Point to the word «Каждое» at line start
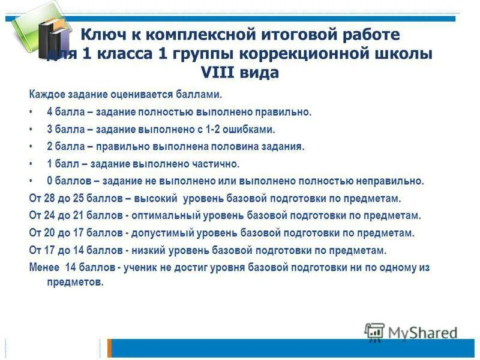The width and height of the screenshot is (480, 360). [46, 94]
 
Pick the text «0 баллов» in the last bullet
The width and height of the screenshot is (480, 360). [67, 181]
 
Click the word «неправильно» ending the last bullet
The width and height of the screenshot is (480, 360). [393, 181]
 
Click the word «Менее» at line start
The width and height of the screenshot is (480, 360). [43, 268]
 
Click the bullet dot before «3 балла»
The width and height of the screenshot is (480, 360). [31, 129]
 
